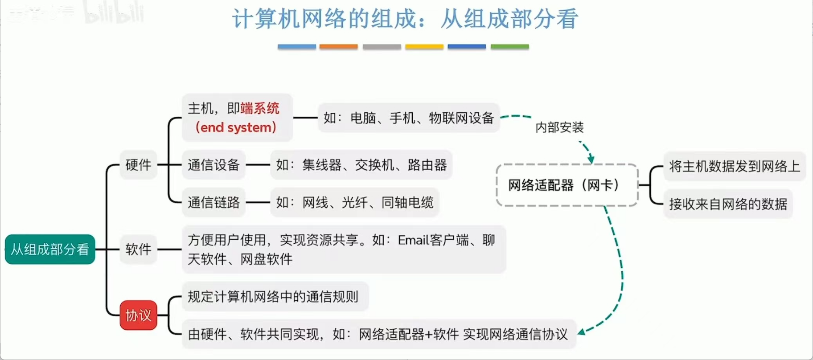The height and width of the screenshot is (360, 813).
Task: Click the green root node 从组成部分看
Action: (x=50, y=250)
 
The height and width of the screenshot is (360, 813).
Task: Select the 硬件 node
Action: (x=138, y=165)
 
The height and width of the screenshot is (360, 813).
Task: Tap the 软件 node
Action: (x=138, y=249)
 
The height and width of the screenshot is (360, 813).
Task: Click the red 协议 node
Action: (x=138, y=315)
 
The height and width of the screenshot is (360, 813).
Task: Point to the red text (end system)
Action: (x=236, y=127)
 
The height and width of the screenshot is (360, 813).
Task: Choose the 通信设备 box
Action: (x=214, y=165)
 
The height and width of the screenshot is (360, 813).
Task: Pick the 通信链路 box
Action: (x=214, y=203)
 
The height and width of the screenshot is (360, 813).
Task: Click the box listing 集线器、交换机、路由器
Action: (x=361, y=165)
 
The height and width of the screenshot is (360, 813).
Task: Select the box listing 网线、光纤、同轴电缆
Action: (x=355, y=203)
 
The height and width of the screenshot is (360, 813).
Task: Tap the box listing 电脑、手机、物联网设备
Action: (x=409, y=118)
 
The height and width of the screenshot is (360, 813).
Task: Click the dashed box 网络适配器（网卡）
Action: (x=567, y=185)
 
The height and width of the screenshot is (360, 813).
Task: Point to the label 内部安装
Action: (x=559, y=127)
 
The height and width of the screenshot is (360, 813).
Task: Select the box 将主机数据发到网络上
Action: (x=734, y=166)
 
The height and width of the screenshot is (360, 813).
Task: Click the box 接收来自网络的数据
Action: (x=728, y=204)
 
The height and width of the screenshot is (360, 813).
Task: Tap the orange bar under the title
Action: (x=338, y=46)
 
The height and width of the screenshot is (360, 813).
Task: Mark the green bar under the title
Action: (x=509, y=46)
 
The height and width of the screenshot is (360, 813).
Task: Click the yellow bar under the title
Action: (x=424, y=46)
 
